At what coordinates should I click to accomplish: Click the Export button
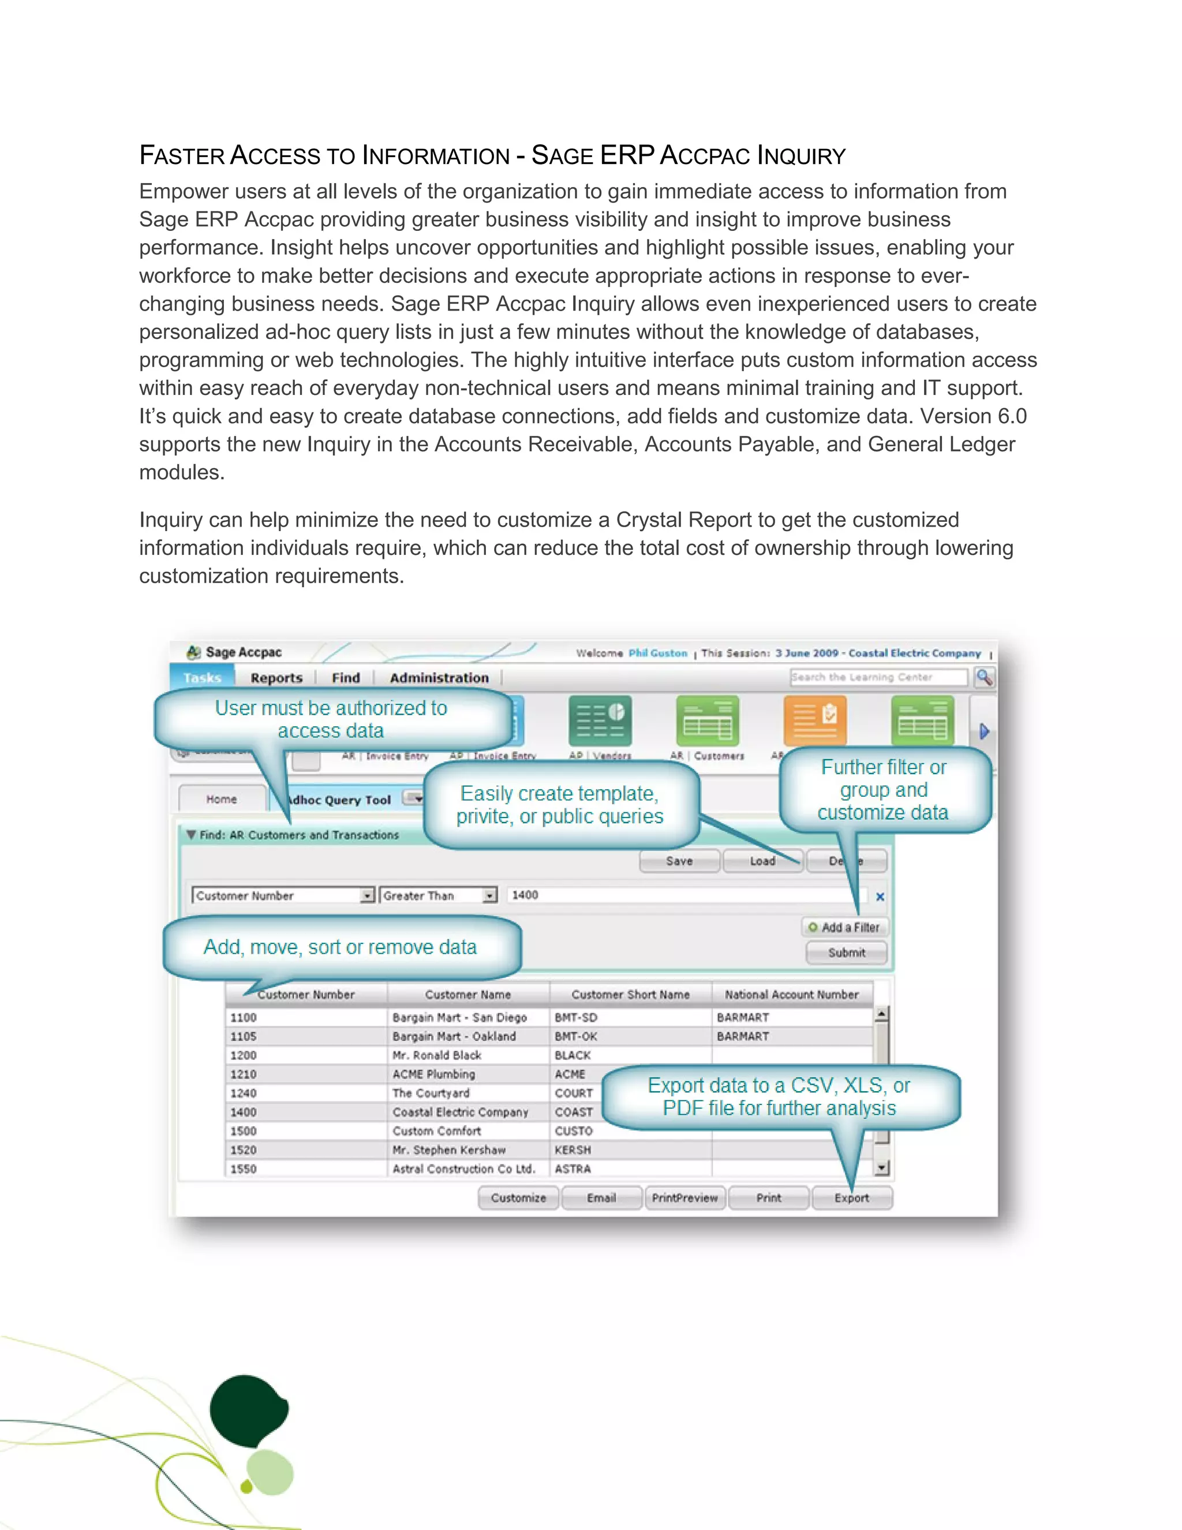[x=851, y=1198]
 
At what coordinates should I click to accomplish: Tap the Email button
[x=601, y=1198]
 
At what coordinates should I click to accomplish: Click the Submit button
[x=847, y=953]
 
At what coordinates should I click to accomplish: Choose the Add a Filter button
[x=845, y=928]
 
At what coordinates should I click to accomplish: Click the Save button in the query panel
[x=679, y=861]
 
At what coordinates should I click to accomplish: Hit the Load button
[x=762, y=861]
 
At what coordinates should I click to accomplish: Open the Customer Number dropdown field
[x=283, y=895]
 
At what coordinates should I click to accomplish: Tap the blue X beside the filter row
[x=880, y=897]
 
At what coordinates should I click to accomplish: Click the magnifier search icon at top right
[x=985, y=677]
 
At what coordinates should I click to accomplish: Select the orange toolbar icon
[x=815, y=721]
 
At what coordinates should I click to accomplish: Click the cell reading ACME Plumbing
[x=434, y=1074]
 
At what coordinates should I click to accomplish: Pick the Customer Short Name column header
[x=630, y=995]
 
